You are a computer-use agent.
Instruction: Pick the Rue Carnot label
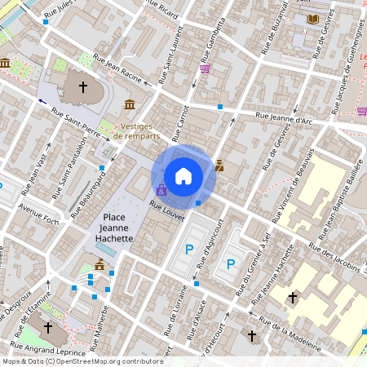181,119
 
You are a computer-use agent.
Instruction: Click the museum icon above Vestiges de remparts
130,104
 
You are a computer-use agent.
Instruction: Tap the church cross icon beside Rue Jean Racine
82,86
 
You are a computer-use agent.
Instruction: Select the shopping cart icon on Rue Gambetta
205,69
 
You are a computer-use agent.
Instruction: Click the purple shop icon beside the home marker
161,189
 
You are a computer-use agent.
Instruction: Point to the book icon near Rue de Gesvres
314,19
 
